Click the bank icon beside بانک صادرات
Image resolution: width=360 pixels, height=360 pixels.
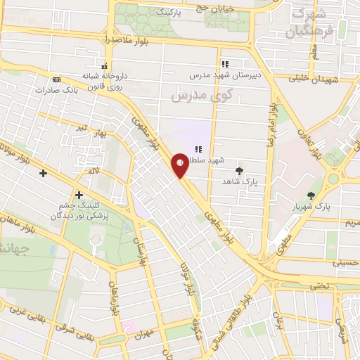click(56, 79)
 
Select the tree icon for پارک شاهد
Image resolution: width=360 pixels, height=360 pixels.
click(240, 170)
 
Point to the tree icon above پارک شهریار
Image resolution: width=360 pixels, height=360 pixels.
click(311, 195)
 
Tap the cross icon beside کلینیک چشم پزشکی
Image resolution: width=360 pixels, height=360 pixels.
click(79, 195)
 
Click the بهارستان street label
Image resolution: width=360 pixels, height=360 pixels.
click(138, 246)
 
